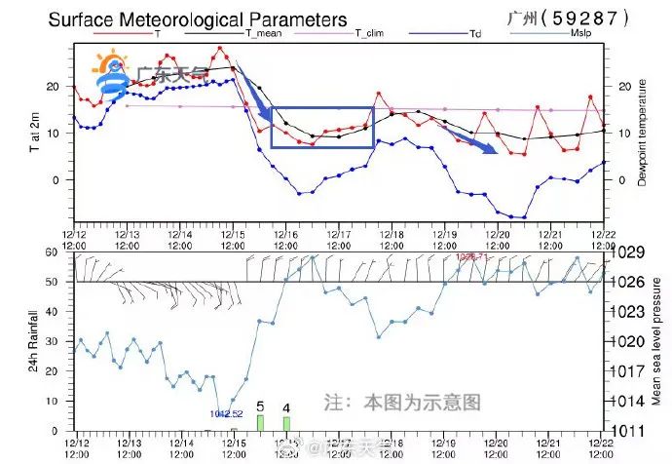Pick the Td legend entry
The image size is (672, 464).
(x=476, y=33)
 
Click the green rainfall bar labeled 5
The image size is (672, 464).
(x=260, y=422)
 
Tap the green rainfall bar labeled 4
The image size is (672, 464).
(x=286, y=423)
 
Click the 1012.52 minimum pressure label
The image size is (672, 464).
(x=225, y=413)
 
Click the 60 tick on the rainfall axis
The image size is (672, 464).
(x=60, y=252)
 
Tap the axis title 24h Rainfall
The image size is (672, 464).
(x=32, y=341)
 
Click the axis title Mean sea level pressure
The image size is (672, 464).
(x=657, y=340)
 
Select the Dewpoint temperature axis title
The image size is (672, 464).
(x=643, y=134)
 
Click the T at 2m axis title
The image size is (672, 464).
(x=33, y=134)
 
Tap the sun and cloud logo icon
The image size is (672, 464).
(x=109, y=73)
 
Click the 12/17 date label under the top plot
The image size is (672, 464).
(x=338, y=240)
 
